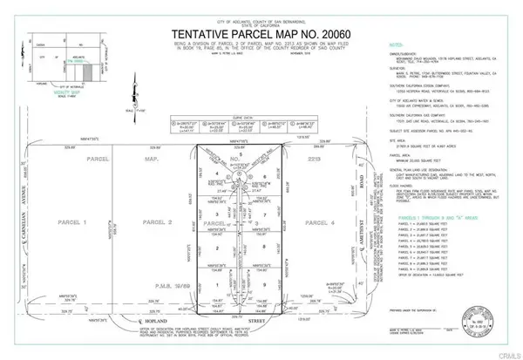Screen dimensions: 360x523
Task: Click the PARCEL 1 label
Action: pos(58,223)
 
